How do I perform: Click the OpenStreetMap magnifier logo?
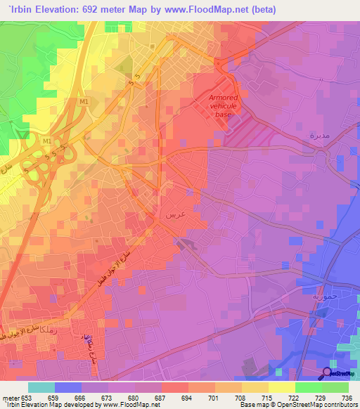[327, 372]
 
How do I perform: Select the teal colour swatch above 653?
[41, 387]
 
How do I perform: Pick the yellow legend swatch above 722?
[281, 387]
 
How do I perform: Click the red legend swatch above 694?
[175, 387]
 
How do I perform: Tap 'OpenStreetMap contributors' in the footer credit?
[316, 405]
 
